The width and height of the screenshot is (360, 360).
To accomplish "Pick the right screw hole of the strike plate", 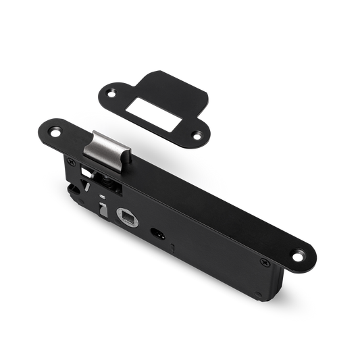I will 198,134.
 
